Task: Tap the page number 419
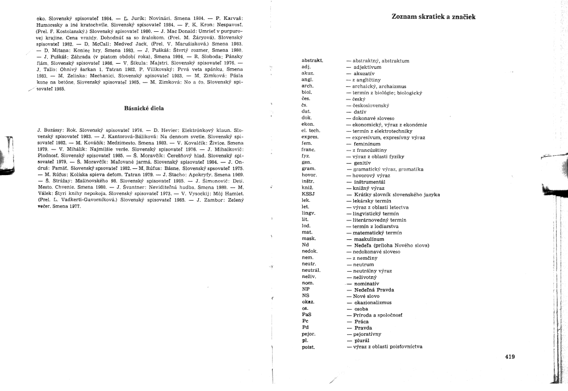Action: tap(508, 357)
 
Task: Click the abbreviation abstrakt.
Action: tap(312, 60)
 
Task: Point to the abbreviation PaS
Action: tap(307, 314)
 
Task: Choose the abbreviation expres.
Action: tap(311, 137)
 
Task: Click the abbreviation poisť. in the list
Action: tap(310, 346)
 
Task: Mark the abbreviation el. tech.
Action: tap(312, 130)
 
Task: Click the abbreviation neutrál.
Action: tap(312, 271)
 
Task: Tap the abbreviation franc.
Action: tap(310, 149)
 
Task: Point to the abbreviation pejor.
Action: tap(310, 334)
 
